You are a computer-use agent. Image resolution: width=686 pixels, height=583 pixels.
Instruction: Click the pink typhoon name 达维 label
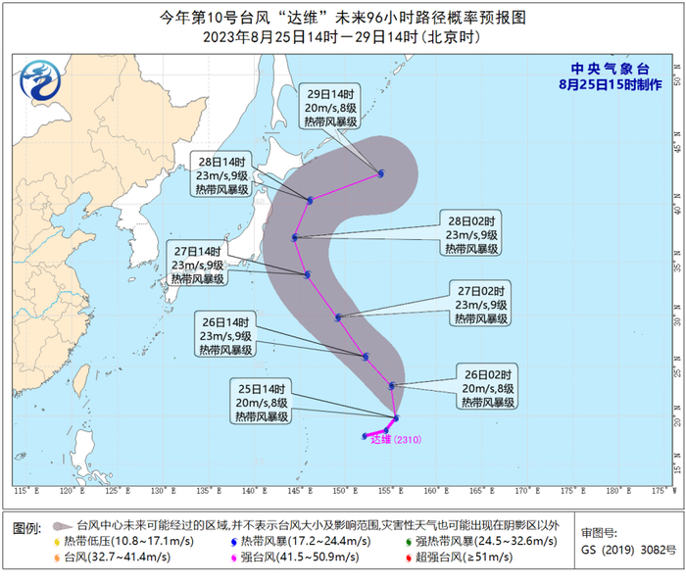point(378,440)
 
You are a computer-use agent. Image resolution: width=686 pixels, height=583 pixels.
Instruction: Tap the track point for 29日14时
point(381,173)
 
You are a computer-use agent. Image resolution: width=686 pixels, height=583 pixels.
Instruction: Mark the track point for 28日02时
point(295,237)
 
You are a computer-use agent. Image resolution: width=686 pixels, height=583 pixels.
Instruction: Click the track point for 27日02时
point(339,316)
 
